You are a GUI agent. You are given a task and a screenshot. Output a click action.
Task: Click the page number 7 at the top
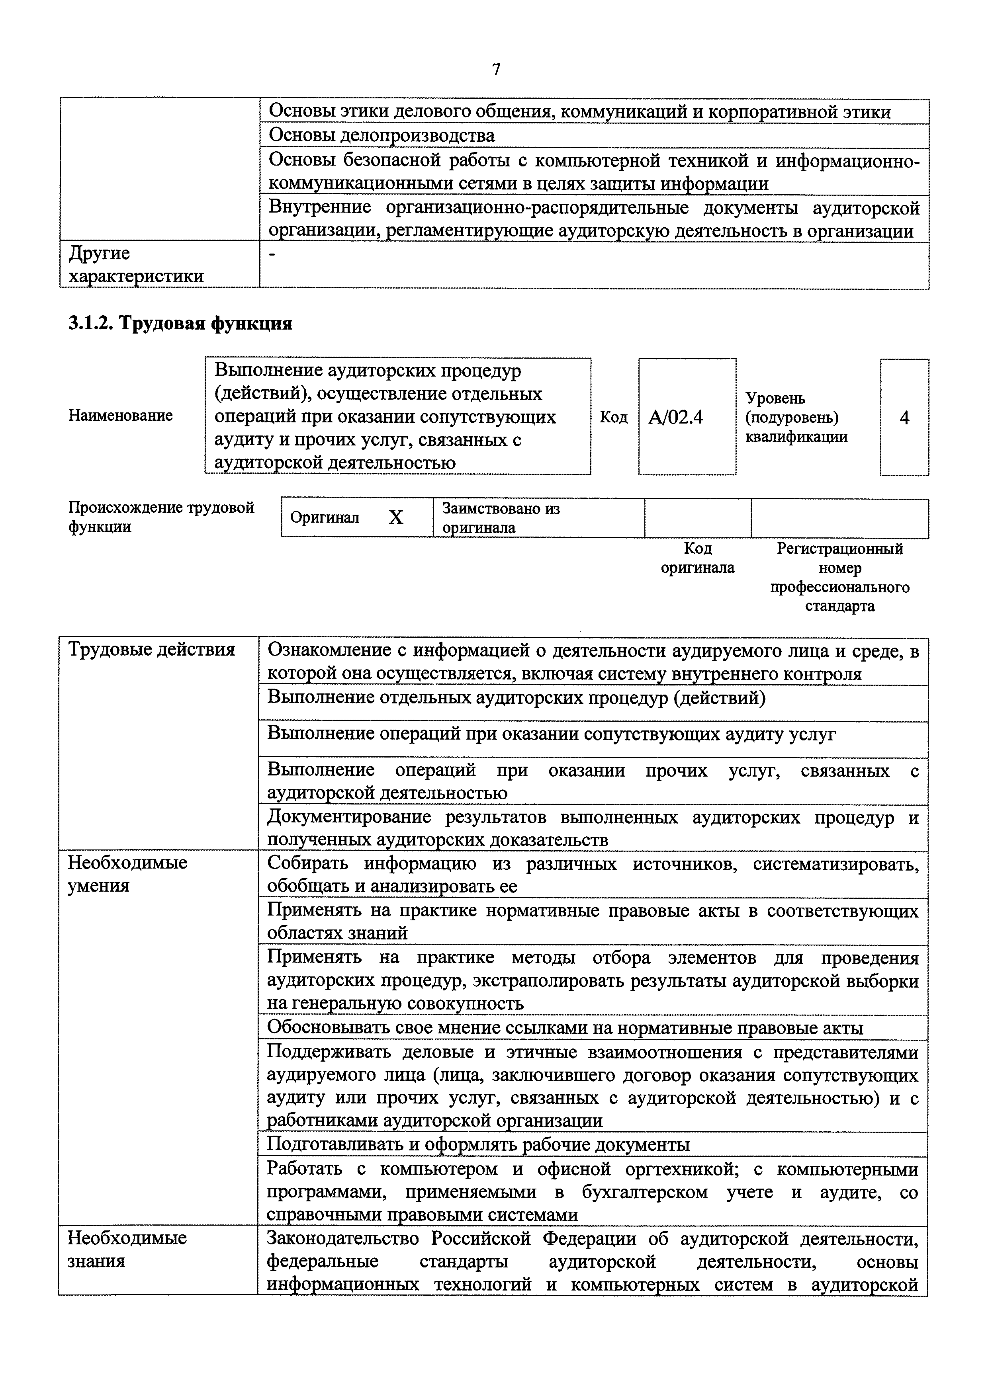(496, 70)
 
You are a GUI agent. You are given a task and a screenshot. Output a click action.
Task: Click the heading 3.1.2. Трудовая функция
(180, 323)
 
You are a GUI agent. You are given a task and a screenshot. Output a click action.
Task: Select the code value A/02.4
(675, 418)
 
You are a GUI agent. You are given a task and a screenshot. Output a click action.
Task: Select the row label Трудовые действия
(151, 649)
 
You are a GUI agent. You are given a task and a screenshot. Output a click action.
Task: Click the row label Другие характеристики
(135, 264)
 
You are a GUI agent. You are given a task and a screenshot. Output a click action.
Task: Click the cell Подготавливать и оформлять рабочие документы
(478, 1145)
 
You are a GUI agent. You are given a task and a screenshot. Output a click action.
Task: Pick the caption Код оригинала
(697, 558)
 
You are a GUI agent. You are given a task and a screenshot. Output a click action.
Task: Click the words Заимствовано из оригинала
(500, 517)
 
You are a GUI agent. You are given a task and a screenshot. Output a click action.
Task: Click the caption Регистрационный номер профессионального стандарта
(839, 577)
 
